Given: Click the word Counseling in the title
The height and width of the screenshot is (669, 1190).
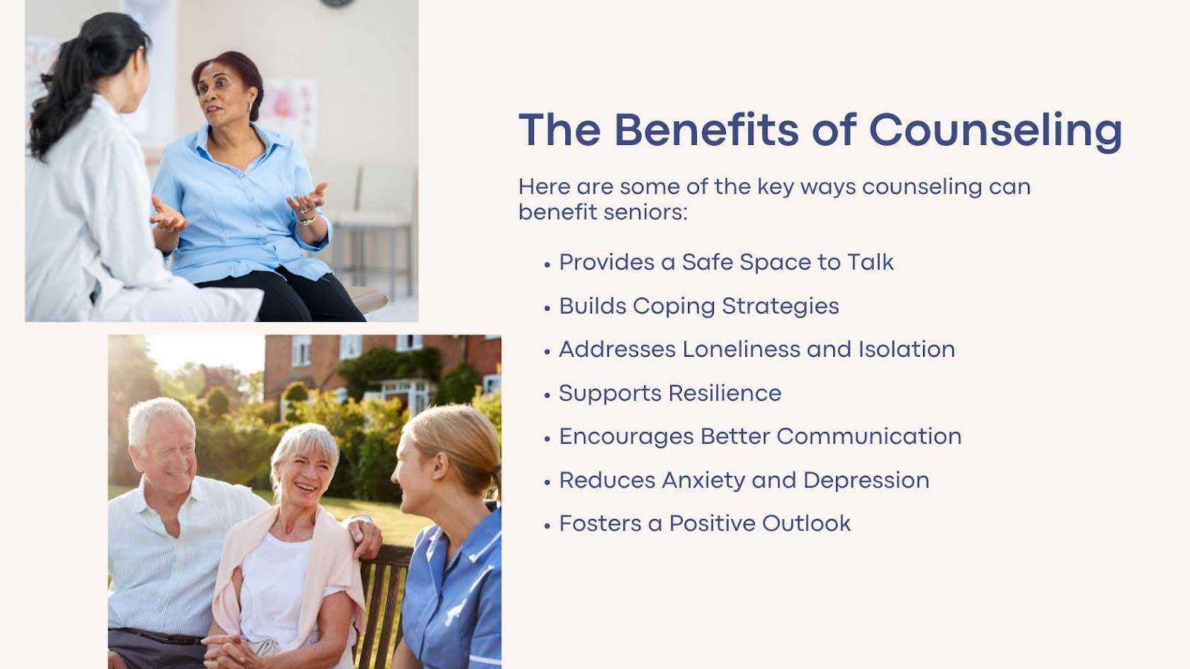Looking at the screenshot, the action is tap(996, 131).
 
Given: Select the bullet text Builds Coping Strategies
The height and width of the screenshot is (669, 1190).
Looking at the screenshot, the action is tap(699, 306).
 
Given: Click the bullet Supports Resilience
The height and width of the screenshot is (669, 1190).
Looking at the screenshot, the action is tap(670, 393).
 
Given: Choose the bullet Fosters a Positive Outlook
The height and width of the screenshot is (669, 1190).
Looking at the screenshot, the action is tap(705, 523).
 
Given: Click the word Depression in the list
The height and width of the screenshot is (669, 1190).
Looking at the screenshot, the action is tap(866, 480).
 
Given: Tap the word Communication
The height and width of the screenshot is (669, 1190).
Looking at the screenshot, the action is tap(869, 436).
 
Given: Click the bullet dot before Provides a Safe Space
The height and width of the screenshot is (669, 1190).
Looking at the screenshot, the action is tap(547, 265).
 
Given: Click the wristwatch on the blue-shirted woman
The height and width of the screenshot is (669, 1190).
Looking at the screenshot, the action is tap(308, 218).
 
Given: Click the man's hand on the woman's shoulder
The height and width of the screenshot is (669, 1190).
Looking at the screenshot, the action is tap(365, 536).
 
